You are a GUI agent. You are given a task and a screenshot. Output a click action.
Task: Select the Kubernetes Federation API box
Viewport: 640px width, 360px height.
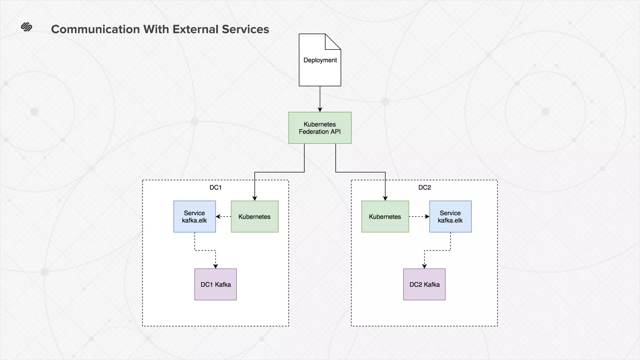[x=320, y=128]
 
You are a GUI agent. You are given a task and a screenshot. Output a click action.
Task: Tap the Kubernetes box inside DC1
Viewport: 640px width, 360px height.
[x=254, y=217]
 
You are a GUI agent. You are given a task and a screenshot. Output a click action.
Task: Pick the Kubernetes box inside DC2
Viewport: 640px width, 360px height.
[x=385, y=217]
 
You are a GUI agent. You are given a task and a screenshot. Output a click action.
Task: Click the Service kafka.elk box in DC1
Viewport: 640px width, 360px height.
[x=194, y=217]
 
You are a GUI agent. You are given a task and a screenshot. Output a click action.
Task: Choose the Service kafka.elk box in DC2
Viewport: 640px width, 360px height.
[x=450, y=217]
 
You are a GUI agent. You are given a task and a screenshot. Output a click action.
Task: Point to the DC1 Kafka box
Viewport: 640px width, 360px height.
[x=215, y=284]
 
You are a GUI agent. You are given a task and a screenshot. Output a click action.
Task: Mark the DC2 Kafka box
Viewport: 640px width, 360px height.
[x=424, y=284]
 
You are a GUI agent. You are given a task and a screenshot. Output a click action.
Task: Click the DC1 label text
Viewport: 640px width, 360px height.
[x=215, y=187]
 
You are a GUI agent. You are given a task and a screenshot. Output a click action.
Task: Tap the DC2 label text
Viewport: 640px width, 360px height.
[x=424, y=187]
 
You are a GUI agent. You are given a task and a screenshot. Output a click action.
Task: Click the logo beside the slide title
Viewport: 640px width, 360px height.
[x=27, y=27]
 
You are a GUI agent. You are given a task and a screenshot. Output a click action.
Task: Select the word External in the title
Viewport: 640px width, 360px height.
[x=196, y=29]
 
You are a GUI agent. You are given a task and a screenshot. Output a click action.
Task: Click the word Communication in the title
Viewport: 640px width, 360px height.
[x=95, y=29]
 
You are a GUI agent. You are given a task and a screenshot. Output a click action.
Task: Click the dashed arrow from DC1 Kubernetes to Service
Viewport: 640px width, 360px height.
[x=224, y=217]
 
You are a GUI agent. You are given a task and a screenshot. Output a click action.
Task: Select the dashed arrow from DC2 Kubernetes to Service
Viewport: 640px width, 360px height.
[x=419, y=217]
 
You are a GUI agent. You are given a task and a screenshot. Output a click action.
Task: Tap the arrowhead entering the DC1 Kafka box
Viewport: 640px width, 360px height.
[x=215, y=266]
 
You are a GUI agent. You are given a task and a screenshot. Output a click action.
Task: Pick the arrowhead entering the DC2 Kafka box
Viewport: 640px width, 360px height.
[x=424, y=266]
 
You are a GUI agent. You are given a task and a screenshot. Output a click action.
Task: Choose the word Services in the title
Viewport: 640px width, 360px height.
[x=245, y=29]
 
